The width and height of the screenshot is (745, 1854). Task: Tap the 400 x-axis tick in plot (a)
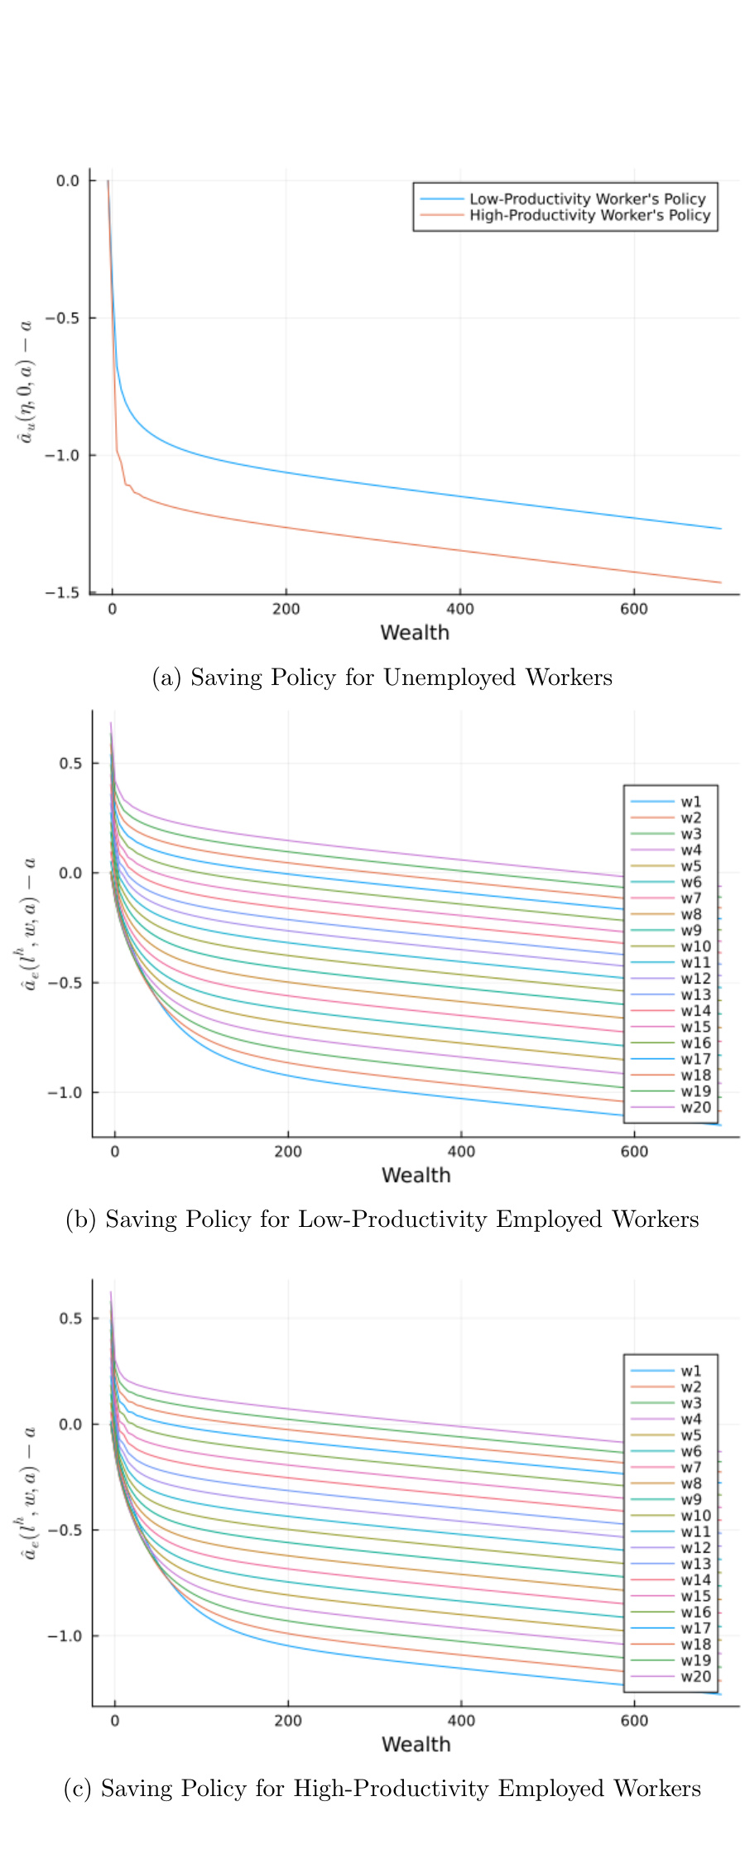click(x=460, y=610)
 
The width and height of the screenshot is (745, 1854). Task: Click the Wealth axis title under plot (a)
click(x=415, y=633)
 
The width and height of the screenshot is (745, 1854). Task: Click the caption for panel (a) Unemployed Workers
click(x=382, y=678)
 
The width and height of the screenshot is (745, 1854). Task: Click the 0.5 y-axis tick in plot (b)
click(x=71, y=763)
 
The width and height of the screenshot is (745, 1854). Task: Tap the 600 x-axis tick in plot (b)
click(x=634, y=1152)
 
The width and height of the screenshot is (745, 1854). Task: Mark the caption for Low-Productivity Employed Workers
click(x=382, y=1219)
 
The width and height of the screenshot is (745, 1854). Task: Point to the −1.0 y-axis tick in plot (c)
click(x=65, y=1636)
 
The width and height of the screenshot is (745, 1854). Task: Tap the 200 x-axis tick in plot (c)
click(x=288, y=1721)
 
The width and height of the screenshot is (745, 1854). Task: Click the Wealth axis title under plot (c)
click(x=416, y=1745)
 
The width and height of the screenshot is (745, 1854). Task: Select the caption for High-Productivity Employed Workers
click(x=382, y=1789)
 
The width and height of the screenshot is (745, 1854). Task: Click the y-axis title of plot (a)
click(x=26, y=382)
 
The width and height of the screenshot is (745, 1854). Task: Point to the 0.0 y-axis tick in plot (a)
click(x=68, y=180)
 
